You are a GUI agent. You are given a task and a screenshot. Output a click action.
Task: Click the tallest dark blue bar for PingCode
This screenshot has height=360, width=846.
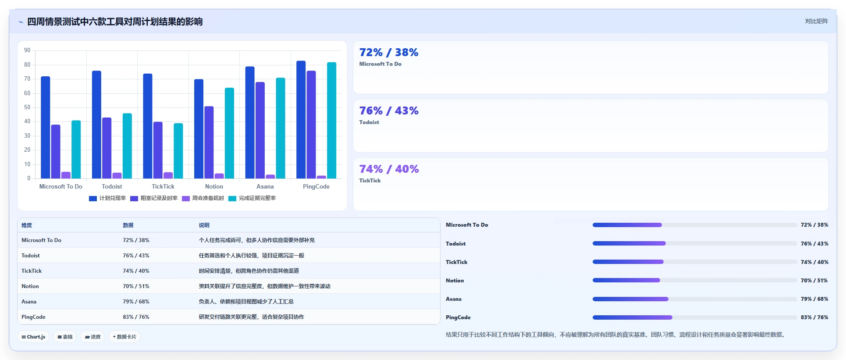tap(301, 120)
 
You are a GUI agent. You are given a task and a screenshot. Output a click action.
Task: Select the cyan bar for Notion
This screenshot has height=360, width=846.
tap(229, 133)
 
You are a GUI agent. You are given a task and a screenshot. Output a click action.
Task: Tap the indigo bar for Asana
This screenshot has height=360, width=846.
tap(260, 130)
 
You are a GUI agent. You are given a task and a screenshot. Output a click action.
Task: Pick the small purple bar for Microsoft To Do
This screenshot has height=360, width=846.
tap(66, 175)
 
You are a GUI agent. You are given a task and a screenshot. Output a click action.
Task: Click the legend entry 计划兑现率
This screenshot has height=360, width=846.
tap(107, 198)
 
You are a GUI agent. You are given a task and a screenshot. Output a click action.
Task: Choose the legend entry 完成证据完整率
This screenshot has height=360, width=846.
tap(252, 198)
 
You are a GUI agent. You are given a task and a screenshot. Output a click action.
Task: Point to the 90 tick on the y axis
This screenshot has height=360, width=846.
tap(27, 50)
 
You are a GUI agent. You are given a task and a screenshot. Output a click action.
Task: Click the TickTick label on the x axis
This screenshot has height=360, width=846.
tap(163, 186)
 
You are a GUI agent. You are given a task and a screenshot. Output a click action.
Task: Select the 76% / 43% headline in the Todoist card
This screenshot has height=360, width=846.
tap(389, 110)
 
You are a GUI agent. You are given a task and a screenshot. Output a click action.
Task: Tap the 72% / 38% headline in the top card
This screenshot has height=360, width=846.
tap(389, 52)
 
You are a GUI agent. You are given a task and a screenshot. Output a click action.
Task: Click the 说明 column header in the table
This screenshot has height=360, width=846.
tap(204, 225)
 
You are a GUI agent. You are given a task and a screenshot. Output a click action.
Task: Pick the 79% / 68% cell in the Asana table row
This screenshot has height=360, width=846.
tap(136, 302)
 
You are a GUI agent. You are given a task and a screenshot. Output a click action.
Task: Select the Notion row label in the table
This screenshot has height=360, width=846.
tap(30, 286)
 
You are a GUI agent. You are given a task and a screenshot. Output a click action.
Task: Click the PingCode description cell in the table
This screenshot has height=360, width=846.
tap(251, 317)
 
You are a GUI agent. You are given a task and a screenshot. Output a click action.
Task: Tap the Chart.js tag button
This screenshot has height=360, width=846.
tap(33, 337)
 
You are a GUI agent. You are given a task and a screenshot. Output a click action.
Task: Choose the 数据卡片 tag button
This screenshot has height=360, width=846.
tap(124, 337)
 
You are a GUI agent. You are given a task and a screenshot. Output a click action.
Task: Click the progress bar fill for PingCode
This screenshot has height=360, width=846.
tap(633, 317)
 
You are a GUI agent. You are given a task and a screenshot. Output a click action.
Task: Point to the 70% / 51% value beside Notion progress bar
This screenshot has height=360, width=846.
tap(814, 281)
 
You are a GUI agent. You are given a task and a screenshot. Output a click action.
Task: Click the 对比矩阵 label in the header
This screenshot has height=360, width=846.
tap(816, 21)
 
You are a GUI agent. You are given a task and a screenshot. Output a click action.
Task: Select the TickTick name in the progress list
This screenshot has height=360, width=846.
tap(457, 262)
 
